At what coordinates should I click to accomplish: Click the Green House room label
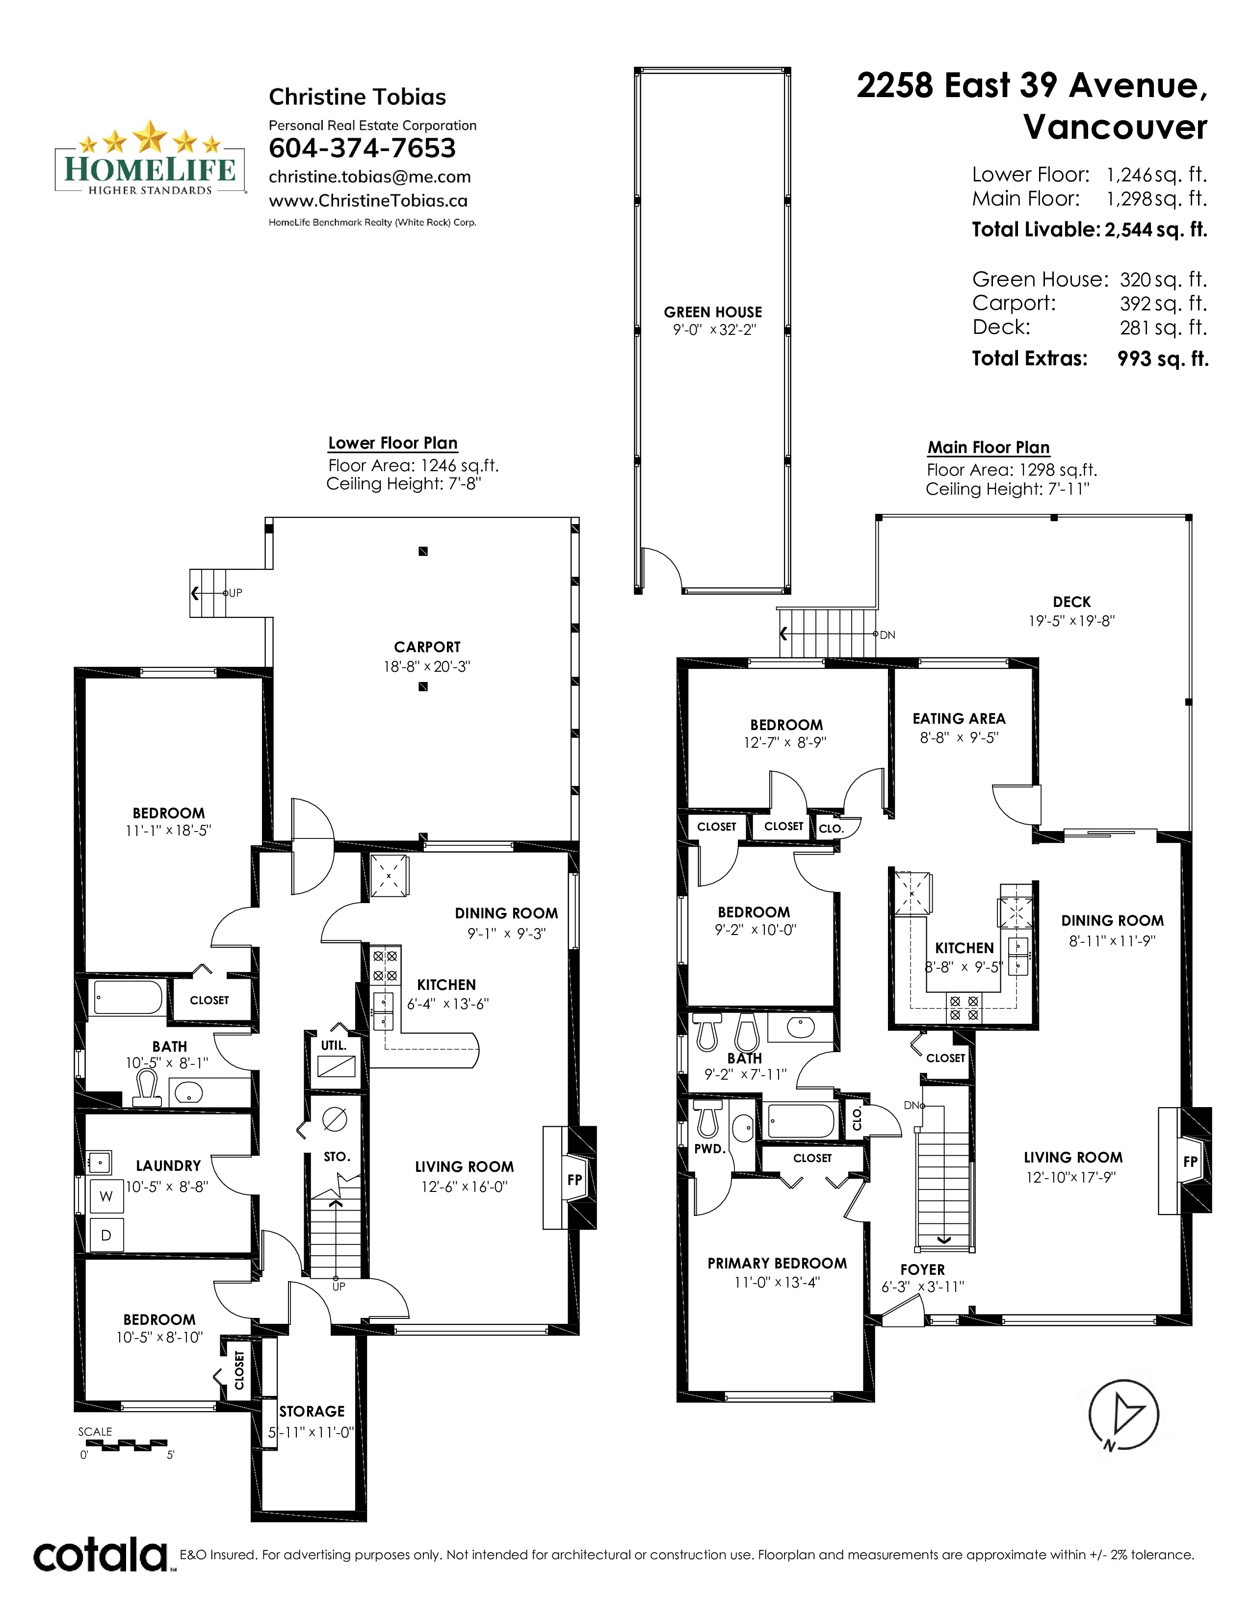pos(713,312)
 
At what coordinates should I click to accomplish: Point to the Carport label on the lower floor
pos(427,647)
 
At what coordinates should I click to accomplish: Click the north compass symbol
pos(1123,1416)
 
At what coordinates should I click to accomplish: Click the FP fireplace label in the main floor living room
pos(1190,1162)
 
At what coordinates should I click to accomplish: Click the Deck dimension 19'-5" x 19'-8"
pos(1071,621)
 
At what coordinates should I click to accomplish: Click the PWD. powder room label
pos(709,1149)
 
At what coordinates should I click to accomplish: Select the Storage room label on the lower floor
pos(312,1411)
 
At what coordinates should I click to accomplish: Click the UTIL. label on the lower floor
pos(334,1045)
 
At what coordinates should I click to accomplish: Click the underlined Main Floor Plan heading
pos(989,448)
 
